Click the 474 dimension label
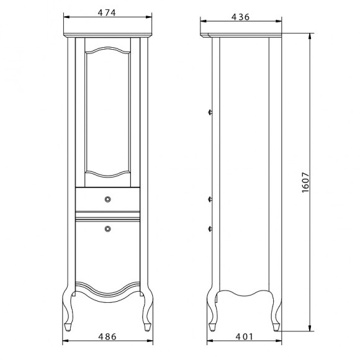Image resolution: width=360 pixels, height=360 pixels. coord(107,12)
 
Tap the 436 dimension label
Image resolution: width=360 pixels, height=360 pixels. coord(240,17)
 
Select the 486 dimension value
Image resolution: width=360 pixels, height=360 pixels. coord(107,336)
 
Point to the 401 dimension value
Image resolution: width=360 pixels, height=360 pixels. coord(245,336)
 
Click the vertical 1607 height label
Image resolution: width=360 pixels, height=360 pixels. coord(305,182)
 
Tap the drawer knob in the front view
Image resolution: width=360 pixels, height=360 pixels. coord(107,199)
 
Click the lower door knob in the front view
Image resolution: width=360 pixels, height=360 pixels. coord(107,228)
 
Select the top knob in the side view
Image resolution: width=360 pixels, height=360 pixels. coord(210,112)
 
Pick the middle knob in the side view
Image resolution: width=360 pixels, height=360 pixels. coord(210,199)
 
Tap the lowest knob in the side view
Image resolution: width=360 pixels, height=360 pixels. coord(210,228)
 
